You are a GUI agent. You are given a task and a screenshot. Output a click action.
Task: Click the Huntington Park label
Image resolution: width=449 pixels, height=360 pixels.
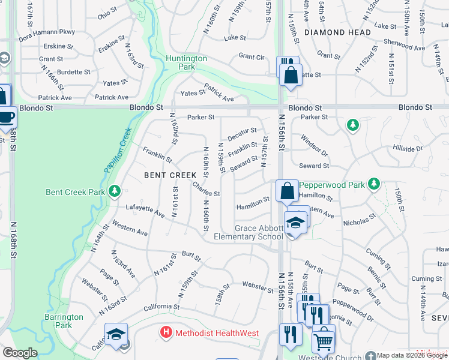[186, 63]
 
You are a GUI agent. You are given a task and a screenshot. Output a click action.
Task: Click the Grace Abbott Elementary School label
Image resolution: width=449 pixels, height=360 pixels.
[258, 232]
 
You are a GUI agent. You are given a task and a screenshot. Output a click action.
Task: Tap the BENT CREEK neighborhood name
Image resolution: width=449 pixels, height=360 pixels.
[170, 175]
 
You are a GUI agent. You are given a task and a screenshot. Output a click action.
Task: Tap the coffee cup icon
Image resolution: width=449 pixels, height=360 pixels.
[6, 116]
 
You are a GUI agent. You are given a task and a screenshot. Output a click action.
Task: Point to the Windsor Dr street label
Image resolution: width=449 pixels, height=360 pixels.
[315, 142]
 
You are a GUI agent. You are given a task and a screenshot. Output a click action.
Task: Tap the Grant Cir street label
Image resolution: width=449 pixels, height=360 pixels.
[252, 56]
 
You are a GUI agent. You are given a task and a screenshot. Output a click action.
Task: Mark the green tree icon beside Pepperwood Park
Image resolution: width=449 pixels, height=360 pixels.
[374, 182]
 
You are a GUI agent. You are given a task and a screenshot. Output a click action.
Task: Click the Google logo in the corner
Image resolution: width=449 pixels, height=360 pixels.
[20, 353]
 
